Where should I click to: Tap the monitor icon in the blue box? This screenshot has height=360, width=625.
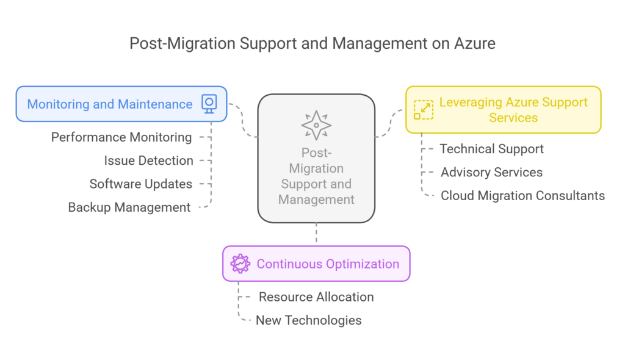tap(209, 104)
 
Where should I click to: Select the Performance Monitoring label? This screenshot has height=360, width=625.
tap(121, 137)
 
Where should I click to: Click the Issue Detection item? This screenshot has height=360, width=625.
tap(148, 160)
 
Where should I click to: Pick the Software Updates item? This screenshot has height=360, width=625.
tap(140, 184)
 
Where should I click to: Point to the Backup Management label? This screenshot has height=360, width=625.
tap(129, 207)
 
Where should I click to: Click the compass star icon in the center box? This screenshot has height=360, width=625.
tap(316, 125)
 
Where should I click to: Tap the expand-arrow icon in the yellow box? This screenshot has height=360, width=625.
tap(423, 110)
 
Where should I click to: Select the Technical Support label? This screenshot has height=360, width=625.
tap(491, 149)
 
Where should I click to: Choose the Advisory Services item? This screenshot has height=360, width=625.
tap(491, 172)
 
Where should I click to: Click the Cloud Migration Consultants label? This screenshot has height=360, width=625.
tap(522, 196)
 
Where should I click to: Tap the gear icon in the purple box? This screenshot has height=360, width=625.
tap(240, 264)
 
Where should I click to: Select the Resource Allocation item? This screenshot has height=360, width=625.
tap(316, 297)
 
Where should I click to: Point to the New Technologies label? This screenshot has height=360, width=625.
tap(308, 320)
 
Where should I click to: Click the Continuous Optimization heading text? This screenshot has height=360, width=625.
tap(328, 264)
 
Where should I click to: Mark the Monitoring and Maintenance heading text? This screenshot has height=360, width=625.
tap(110, 104)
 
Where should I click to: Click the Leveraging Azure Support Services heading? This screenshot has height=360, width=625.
tap(513, 110)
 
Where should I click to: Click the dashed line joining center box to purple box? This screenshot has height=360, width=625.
tap(316, 234)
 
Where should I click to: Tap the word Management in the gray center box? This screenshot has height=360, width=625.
tap(316, 200)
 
